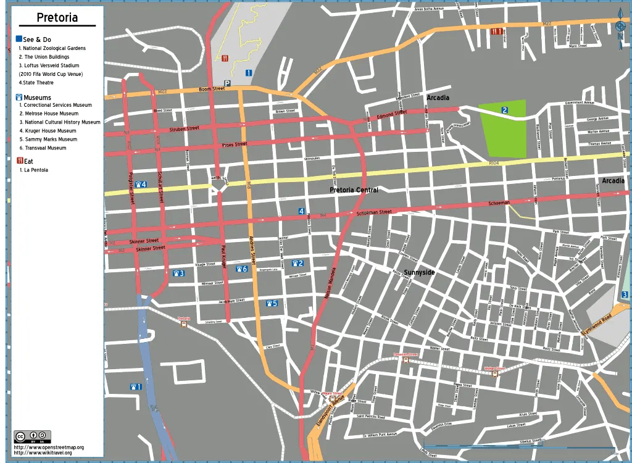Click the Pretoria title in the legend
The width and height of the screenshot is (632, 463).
click(x=57, y=17)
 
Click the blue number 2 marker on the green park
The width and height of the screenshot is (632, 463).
click(x=505, y=111)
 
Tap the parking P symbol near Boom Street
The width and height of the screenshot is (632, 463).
click(x=227, y=83)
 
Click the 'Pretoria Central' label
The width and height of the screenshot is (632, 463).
click(x=354, y=190)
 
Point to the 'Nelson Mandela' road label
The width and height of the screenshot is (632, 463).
click(x=331, y=283)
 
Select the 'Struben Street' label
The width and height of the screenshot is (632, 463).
click(x=185, y=128)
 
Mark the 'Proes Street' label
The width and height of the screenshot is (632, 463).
click(x=235, y=144)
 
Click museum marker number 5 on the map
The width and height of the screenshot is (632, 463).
click(x=272, y=303)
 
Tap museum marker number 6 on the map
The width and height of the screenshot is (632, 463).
click(x=241, y=269)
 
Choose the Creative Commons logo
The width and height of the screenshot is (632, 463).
click(x=32, y=436)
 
